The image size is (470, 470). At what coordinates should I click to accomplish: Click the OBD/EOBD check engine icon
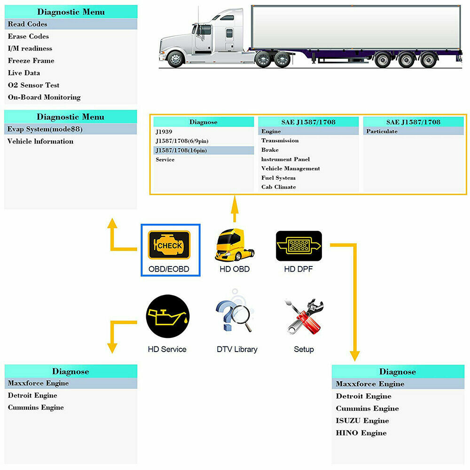pyautogui.click(x=169, y=244)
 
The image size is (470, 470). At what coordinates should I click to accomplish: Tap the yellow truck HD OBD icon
pyautogui.click(x=235, y=245)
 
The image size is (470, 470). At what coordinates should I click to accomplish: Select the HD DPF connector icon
pyautogui.click(x=299, y=245)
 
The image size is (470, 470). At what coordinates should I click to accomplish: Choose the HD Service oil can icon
pyautogui.click(x=167, y=316)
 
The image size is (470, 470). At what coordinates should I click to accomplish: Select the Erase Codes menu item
pyautogui.click(x=28, y=36)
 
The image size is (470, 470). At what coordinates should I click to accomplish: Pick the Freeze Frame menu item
pyautogui.click(x=31, y=61)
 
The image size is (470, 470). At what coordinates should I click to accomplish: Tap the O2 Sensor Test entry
pyautogui.click(x=34, y=85)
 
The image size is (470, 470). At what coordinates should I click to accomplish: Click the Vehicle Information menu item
pyautogui.click(x=40, y=141)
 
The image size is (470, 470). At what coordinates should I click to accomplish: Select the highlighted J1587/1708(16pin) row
pyautogui.click(x=181, y=150)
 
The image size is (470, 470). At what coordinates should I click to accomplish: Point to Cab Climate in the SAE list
pyautogui.click(x=279, y=187)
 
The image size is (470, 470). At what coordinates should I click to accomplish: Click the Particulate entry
pyautogui.click(x=382, y=132)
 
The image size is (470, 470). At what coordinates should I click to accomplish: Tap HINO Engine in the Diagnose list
pyautogui.click(x=361, y=433)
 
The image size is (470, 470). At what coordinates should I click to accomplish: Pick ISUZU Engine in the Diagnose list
pyautogui.click(x=362, y=421)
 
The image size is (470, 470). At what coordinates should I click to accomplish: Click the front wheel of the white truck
pyautogui.click(x=176, y=60)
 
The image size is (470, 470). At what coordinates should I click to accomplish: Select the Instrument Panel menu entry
pyautogui.click(x=285, y=159)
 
